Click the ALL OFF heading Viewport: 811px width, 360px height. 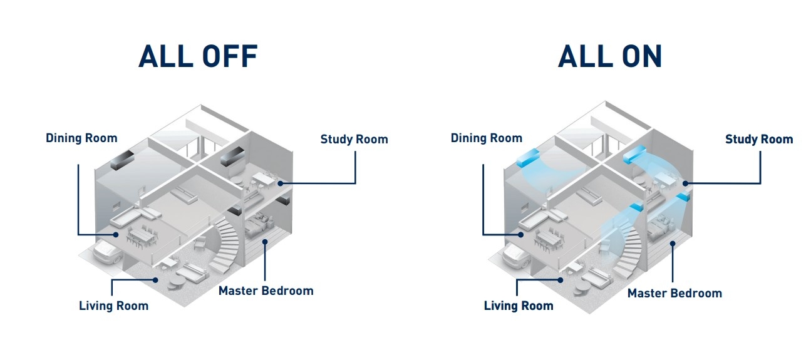198,56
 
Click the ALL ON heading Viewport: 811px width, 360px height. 610,56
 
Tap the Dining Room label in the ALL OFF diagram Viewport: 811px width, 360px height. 81,138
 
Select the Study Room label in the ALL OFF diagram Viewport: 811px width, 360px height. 354,139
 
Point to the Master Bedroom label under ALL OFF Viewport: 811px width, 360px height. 266,291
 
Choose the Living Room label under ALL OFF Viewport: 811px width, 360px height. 114,306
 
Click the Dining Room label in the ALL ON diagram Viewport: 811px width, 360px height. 486,138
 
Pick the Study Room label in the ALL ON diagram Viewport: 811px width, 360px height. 759,139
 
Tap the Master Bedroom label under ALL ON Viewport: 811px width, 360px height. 674,293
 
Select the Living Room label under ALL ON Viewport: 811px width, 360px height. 519,306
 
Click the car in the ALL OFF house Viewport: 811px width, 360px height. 108,252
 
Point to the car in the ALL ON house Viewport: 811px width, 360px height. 517,256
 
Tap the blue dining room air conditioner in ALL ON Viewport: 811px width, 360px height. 527,158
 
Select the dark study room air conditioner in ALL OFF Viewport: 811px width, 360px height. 232,157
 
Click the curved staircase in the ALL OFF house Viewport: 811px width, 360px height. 225,246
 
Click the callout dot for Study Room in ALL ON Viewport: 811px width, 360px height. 685,184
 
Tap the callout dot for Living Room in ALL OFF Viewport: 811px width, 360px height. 155,280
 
